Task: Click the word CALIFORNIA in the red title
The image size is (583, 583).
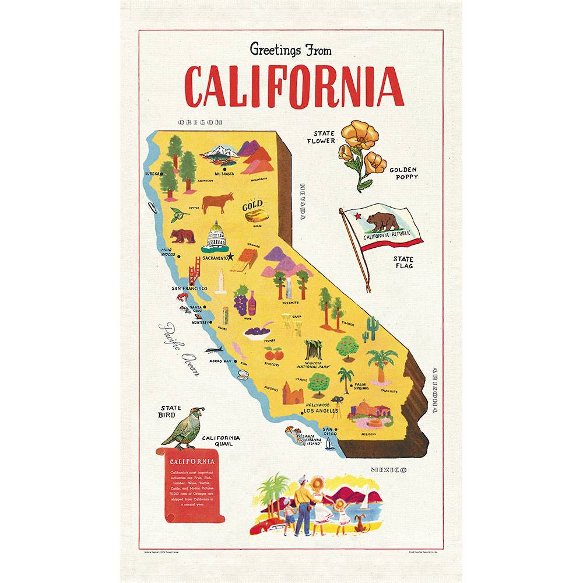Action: [294, 87]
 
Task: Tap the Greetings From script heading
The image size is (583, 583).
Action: [290, 50]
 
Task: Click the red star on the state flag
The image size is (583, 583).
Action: [357, 216]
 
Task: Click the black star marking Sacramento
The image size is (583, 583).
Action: [231, 256]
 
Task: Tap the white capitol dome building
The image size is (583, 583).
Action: [214, 236]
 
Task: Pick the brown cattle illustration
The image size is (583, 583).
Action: [217, 202]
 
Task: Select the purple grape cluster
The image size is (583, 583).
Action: [240, 303]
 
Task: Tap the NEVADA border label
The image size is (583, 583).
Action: [303, 202]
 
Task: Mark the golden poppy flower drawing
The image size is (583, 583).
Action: [360, 149]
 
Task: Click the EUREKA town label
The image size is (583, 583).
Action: [152, 173]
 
